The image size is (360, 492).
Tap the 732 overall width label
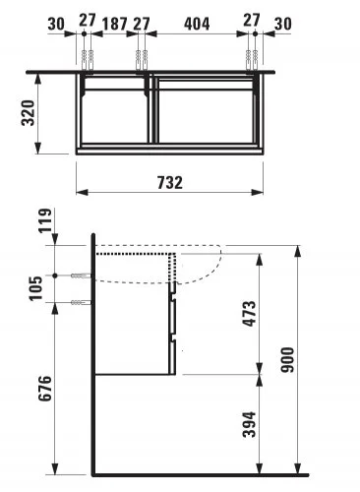click(x=172, y=182)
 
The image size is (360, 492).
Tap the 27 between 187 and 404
click(x=141, y=22)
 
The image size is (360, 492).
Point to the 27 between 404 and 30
click(x=254, y=22)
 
